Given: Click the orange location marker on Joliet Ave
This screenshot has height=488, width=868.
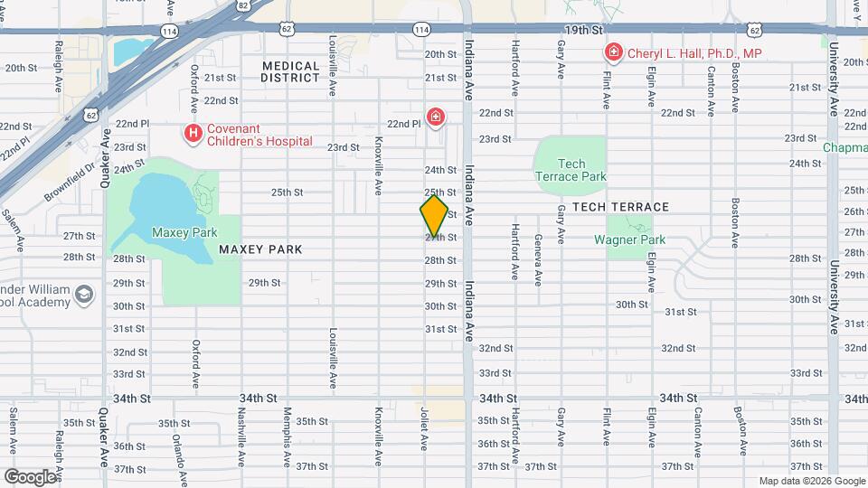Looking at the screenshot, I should pyautogui.click(x=434, y=216).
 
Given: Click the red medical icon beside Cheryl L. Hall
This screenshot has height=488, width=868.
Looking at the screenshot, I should pyautogui.click(x=613, y=53).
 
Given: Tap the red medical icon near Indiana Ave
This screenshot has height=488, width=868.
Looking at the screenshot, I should pyautogui.click(x=436, y=117).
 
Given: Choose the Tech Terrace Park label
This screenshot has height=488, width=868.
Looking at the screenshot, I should pyautogui.click(x=571, y=170).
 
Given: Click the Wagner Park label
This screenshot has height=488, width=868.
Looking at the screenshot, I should pyautogui.click(x=629, y=239).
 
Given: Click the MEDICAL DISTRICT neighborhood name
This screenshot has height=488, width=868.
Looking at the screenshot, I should pyautogui.click(x=291, y=71).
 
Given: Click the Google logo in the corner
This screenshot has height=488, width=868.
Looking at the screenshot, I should pyautogui.click(x=29, y=476).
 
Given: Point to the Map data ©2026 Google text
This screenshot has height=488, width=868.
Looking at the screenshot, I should pyautogui.click(x=811, y=481).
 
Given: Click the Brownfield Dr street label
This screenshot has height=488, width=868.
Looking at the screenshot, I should pyautogui.click(x=71, y=183).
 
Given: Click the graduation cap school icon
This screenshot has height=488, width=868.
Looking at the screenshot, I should pyautogui.click(x=84, y=295).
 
